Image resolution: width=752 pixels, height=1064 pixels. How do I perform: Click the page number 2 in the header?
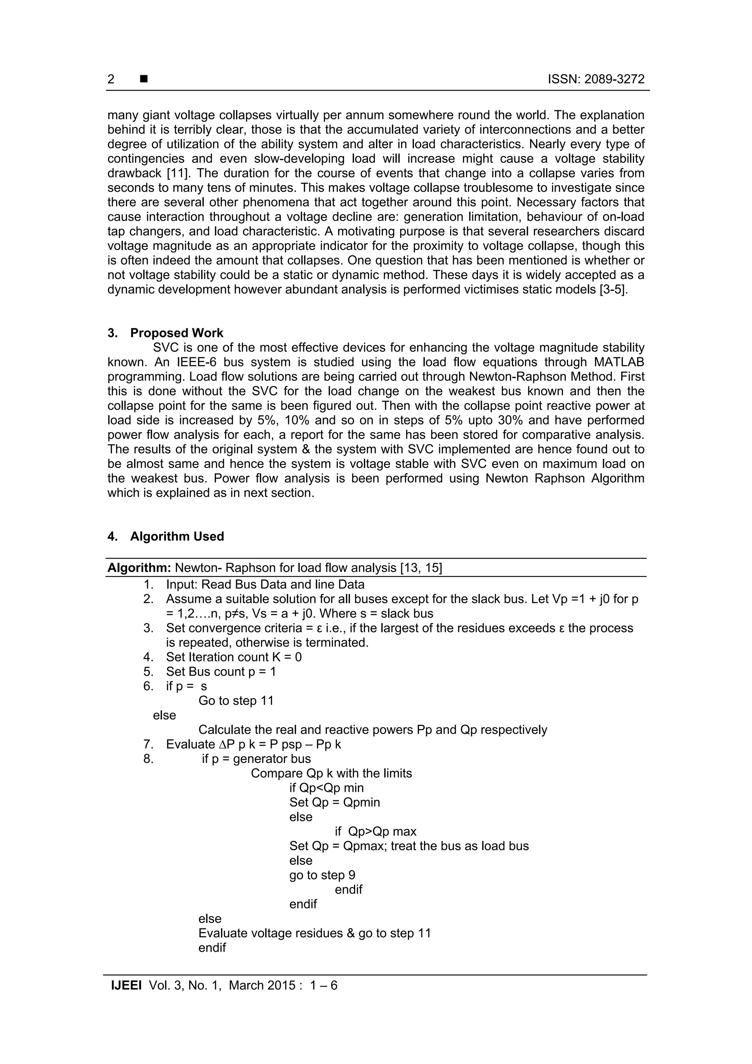coord(111,79)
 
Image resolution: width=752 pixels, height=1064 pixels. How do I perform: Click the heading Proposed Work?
coord(177,333)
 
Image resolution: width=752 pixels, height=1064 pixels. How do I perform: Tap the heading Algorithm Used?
coord(177,536)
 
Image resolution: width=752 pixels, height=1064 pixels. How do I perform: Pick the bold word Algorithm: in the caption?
coord(140,568)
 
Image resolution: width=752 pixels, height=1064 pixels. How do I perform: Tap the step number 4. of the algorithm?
coord(148,657)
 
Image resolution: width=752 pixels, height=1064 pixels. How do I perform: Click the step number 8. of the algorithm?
coord(148,759)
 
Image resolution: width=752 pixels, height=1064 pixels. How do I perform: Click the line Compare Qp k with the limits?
coord(331,773)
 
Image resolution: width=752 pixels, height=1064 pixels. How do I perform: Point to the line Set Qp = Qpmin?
coord(335,802)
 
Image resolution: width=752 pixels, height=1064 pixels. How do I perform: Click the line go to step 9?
coord(322,875)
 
